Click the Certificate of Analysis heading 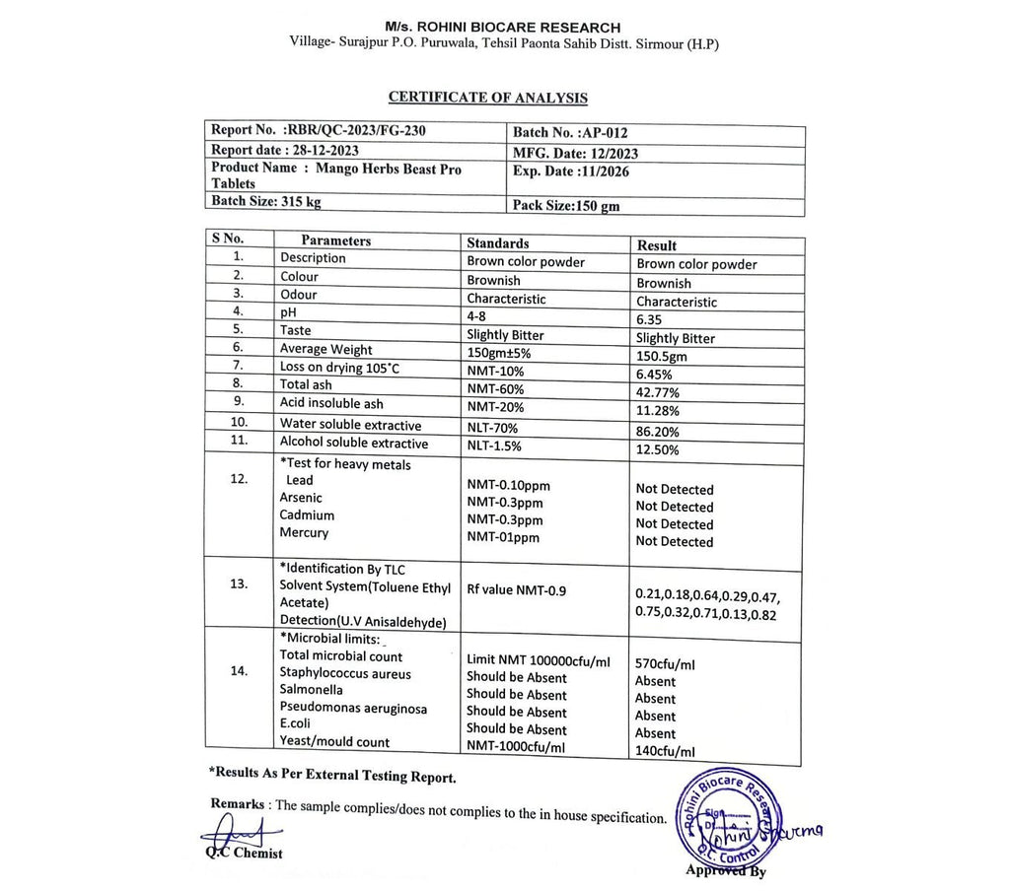click(x=487, y=98)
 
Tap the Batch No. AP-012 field click(x=570, y=132)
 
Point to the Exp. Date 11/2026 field click(x=571, y=171)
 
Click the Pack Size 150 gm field click(x=566, y=206)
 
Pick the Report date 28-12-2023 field click(x=285, y=150)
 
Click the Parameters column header click(x=335, y=240)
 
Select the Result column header click(x=657, y=244)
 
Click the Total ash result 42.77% click(x=659, y=391)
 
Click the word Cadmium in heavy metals click(x=307, y=515)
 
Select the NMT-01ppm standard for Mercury click(x=503, y=537)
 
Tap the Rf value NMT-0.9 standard click(x=516, y=590)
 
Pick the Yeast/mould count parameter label click(x=334, y=742)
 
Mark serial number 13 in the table click(x=239, y=583)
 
